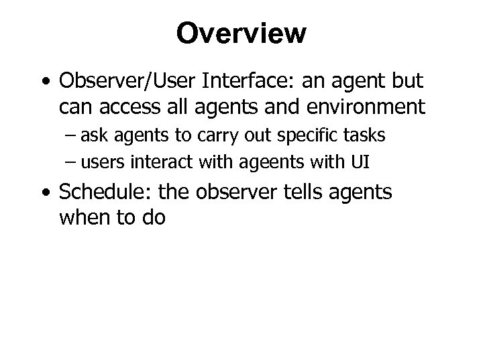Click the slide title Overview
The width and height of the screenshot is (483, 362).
pos(241,33)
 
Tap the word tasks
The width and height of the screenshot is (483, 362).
pos(366,135)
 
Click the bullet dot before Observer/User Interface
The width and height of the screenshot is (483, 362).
pos(46,82)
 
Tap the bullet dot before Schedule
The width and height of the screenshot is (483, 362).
pos(46,194)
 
